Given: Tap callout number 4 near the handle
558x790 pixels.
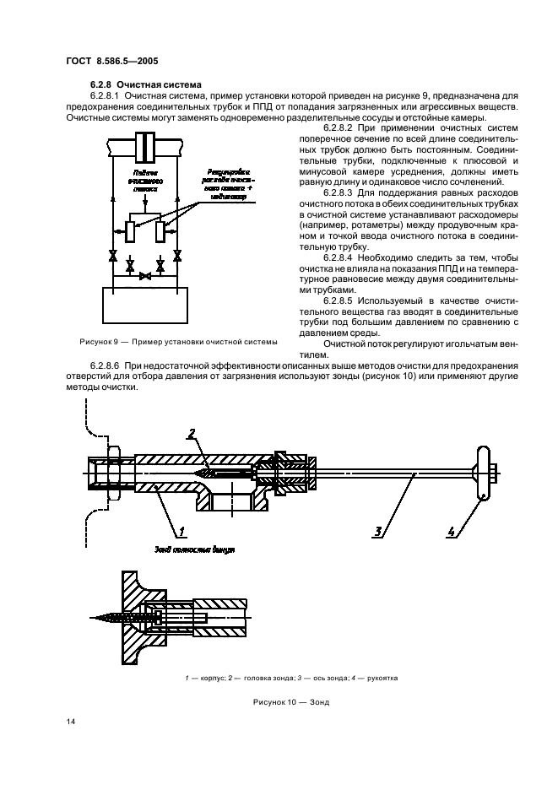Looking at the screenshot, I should click(452, 531).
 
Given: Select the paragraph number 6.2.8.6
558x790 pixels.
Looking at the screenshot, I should click(111, 365).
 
